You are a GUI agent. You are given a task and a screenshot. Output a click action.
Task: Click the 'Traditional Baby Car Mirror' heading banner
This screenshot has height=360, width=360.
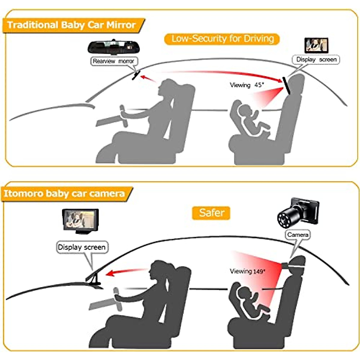point(72,25)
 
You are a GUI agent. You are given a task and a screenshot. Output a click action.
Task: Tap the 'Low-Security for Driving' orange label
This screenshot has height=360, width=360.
point(222,39)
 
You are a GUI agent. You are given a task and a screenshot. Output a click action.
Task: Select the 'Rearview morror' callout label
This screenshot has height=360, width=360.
point(113,61)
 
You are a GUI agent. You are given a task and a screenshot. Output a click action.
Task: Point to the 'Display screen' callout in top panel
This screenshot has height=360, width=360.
point(316,60)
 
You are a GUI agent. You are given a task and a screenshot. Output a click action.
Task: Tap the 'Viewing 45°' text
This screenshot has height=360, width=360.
point(247,85)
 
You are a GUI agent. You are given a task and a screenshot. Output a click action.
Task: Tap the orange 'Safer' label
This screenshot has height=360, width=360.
point(211,213)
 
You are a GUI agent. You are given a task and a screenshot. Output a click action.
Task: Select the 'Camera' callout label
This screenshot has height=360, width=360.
point(298,235)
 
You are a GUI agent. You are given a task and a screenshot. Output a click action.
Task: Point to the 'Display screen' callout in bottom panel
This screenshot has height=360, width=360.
point(82,247)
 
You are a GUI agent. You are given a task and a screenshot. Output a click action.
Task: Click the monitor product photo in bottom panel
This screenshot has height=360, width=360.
point(80,220)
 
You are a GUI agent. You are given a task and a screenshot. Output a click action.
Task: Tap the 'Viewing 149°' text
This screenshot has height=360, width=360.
point(247,271)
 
